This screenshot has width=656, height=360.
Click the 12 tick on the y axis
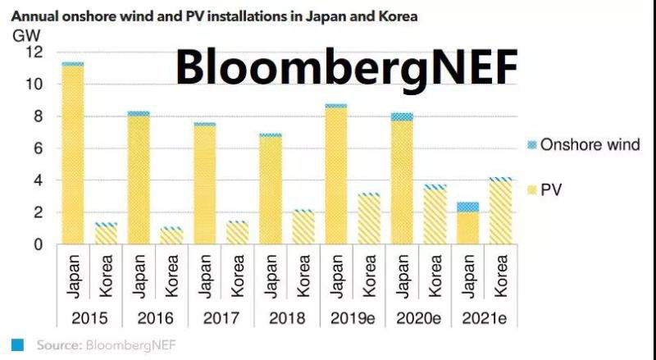[34, 52]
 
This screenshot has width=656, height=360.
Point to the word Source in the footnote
[58, 344]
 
